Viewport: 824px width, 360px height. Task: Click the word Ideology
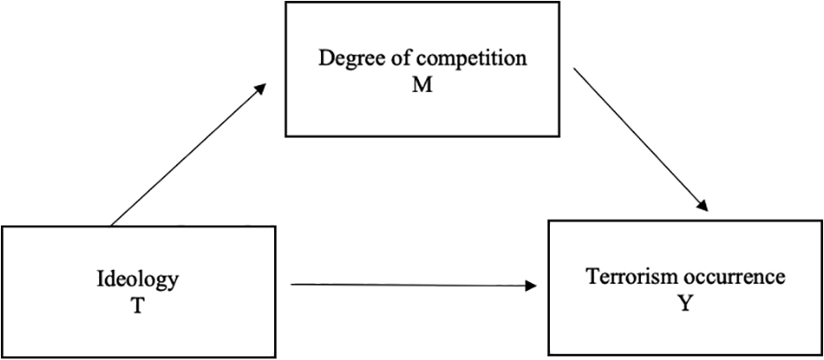point(138,281)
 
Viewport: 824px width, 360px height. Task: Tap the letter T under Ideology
point(138,306)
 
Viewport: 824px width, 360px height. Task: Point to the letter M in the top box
point(422,84)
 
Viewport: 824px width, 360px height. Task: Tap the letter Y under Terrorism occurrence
point(684,304)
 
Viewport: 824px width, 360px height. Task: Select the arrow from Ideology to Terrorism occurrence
point(414,286)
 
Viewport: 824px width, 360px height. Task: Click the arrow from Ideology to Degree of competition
point(187,155)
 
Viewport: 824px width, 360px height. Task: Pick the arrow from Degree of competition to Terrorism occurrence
point(641,139)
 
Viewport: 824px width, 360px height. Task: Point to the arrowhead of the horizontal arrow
point(531,286)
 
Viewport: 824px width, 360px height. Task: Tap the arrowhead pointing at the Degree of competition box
point(259,89)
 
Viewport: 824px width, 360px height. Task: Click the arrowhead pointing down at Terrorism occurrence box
point(704,206)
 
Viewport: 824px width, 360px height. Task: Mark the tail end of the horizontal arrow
point(291,285)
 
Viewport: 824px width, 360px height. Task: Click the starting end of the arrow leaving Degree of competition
point(573,68)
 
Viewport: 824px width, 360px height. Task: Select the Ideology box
point(138,292)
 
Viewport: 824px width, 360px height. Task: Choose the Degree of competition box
point(422,69)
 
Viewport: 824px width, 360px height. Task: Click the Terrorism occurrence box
point(685,287)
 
